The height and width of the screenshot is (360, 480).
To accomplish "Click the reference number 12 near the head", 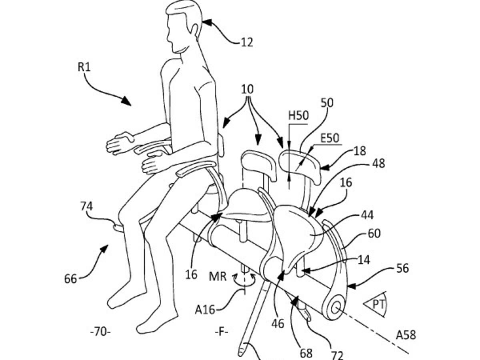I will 247,42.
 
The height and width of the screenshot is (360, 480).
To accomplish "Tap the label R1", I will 84,67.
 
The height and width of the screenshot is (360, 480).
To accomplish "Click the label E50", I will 330,138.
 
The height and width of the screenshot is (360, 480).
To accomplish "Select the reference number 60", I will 374,233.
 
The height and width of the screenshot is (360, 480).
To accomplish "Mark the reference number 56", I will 402,268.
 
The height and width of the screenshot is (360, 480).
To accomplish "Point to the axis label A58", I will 406,335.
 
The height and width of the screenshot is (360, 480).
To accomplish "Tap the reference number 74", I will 86,206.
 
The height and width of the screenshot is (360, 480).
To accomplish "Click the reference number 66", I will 70,278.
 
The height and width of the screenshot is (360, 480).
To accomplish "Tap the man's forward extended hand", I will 119,143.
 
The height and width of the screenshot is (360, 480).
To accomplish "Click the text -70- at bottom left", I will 100,332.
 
